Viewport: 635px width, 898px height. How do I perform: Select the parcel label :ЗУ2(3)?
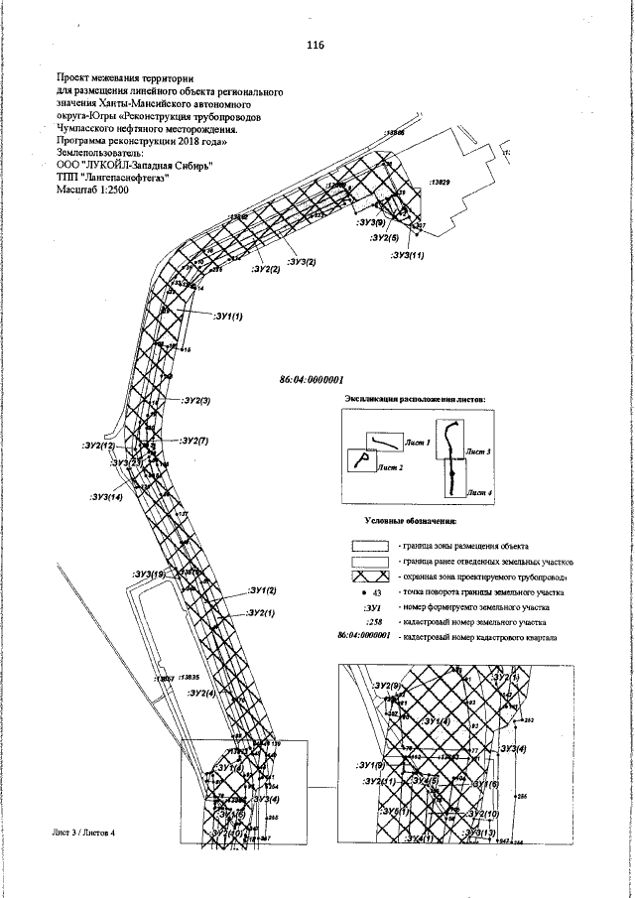(196, 401)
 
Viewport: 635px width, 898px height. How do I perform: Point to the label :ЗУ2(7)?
(193, 440)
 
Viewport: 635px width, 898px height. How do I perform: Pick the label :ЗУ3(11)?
(409, 255)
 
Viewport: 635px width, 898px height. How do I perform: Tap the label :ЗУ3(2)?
(302, 261)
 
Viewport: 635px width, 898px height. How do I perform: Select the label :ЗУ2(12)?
(98, 447)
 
